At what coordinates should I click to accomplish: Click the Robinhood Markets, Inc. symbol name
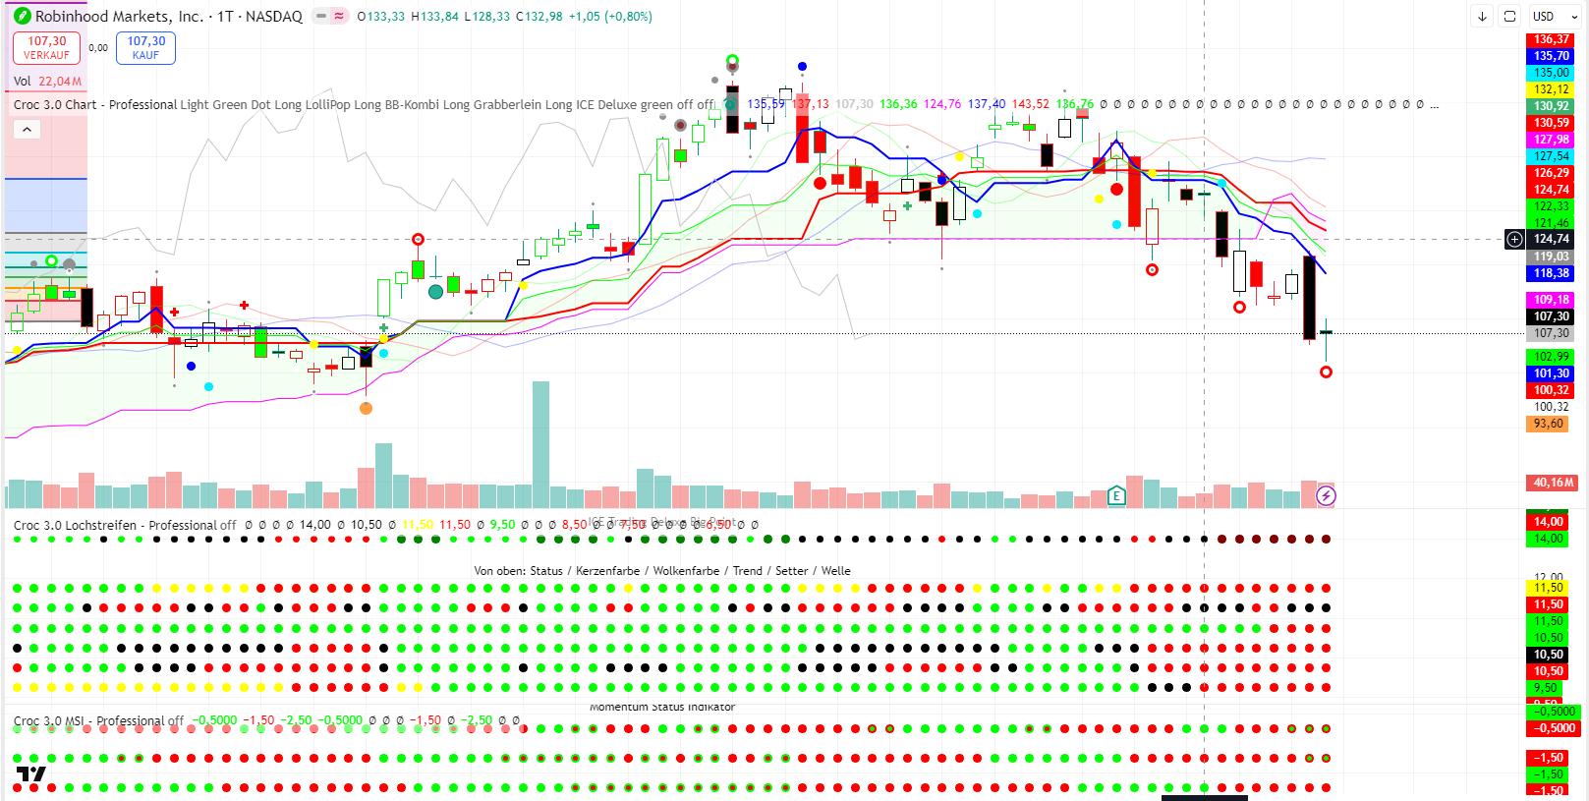pyautogui.click(x=119, y=17)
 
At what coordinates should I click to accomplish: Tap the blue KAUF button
pyautogui.click(x=145, y=47)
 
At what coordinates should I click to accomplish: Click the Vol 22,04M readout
pyautogui.click(x=47, y=82)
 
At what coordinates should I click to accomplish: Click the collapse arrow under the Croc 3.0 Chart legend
pyautogui.click(x=27, y=130)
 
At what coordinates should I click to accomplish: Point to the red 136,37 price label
pyautogui.click(x=1551, y=39)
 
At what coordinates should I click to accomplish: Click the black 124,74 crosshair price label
pyautogui.click(x=1551, y=239)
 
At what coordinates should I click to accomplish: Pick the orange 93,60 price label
pyautogui.click(x=1548, y=424)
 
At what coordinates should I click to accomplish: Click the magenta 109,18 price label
pyautogui.click(x=1551, y=300)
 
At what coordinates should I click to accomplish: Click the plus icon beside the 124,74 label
pyautogui.click(x=1515, y=239)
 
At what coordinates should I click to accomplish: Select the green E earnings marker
pyautogui.click(x=1116, y=495)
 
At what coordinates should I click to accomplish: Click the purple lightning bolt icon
pyautogui.click(x=1326, y=495)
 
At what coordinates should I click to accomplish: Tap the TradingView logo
pyautogui.click(x=30, y=774)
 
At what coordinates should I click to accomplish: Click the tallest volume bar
pyautogui.click(x=540, y=442)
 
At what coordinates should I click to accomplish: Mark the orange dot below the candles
pyautogui.click(x=366, y=408)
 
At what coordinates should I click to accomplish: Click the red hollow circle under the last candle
pyautogui.click(x=1326, y=372)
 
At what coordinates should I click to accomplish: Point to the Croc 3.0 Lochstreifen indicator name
pyautogui.click(x=75, y=525)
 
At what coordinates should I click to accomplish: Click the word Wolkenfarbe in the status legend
pyautogui.click(x=686, y=571)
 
